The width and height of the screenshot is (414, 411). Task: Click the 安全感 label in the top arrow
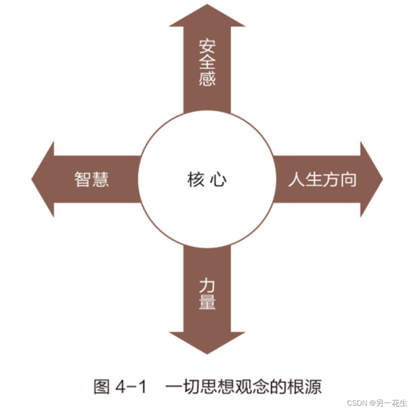coord(207,62)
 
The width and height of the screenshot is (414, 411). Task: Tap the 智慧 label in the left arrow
coord(92,180)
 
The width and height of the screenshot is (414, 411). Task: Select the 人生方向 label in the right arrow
coord(322,180)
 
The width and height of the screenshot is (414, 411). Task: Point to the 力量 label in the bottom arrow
coord(207,294)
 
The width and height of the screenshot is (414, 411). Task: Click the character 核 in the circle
coord(196,180)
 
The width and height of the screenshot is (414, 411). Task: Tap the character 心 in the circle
coord(219,180)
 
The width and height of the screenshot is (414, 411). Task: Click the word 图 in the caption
coord(101,387)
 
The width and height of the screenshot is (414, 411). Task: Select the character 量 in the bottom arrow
coord(207,302)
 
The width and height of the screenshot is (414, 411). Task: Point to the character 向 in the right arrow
coord(348,180)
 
